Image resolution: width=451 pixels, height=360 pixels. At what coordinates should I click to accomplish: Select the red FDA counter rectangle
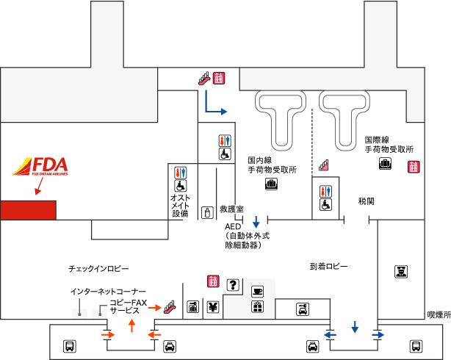(28, 209)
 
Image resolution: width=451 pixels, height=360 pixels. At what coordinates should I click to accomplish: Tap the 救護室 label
(231, 209)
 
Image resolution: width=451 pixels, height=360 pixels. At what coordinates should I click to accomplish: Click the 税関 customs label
(367, 201)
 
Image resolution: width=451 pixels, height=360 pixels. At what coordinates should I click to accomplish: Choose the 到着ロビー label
(328, 266)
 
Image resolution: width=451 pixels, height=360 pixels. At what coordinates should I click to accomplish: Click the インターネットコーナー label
(108, 292)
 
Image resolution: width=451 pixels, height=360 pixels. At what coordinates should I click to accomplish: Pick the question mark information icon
(233, 285)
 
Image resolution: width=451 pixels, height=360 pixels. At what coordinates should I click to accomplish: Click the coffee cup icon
(257, 290)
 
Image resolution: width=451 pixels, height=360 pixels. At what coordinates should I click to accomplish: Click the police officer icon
(402, 272)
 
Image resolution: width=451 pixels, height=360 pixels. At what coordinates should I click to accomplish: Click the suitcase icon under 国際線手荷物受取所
(384, 165)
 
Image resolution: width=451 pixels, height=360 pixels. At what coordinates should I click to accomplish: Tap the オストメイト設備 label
(181, 206)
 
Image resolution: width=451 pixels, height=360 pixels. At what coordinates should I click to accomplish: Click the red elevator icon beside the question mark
(213, 280)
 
